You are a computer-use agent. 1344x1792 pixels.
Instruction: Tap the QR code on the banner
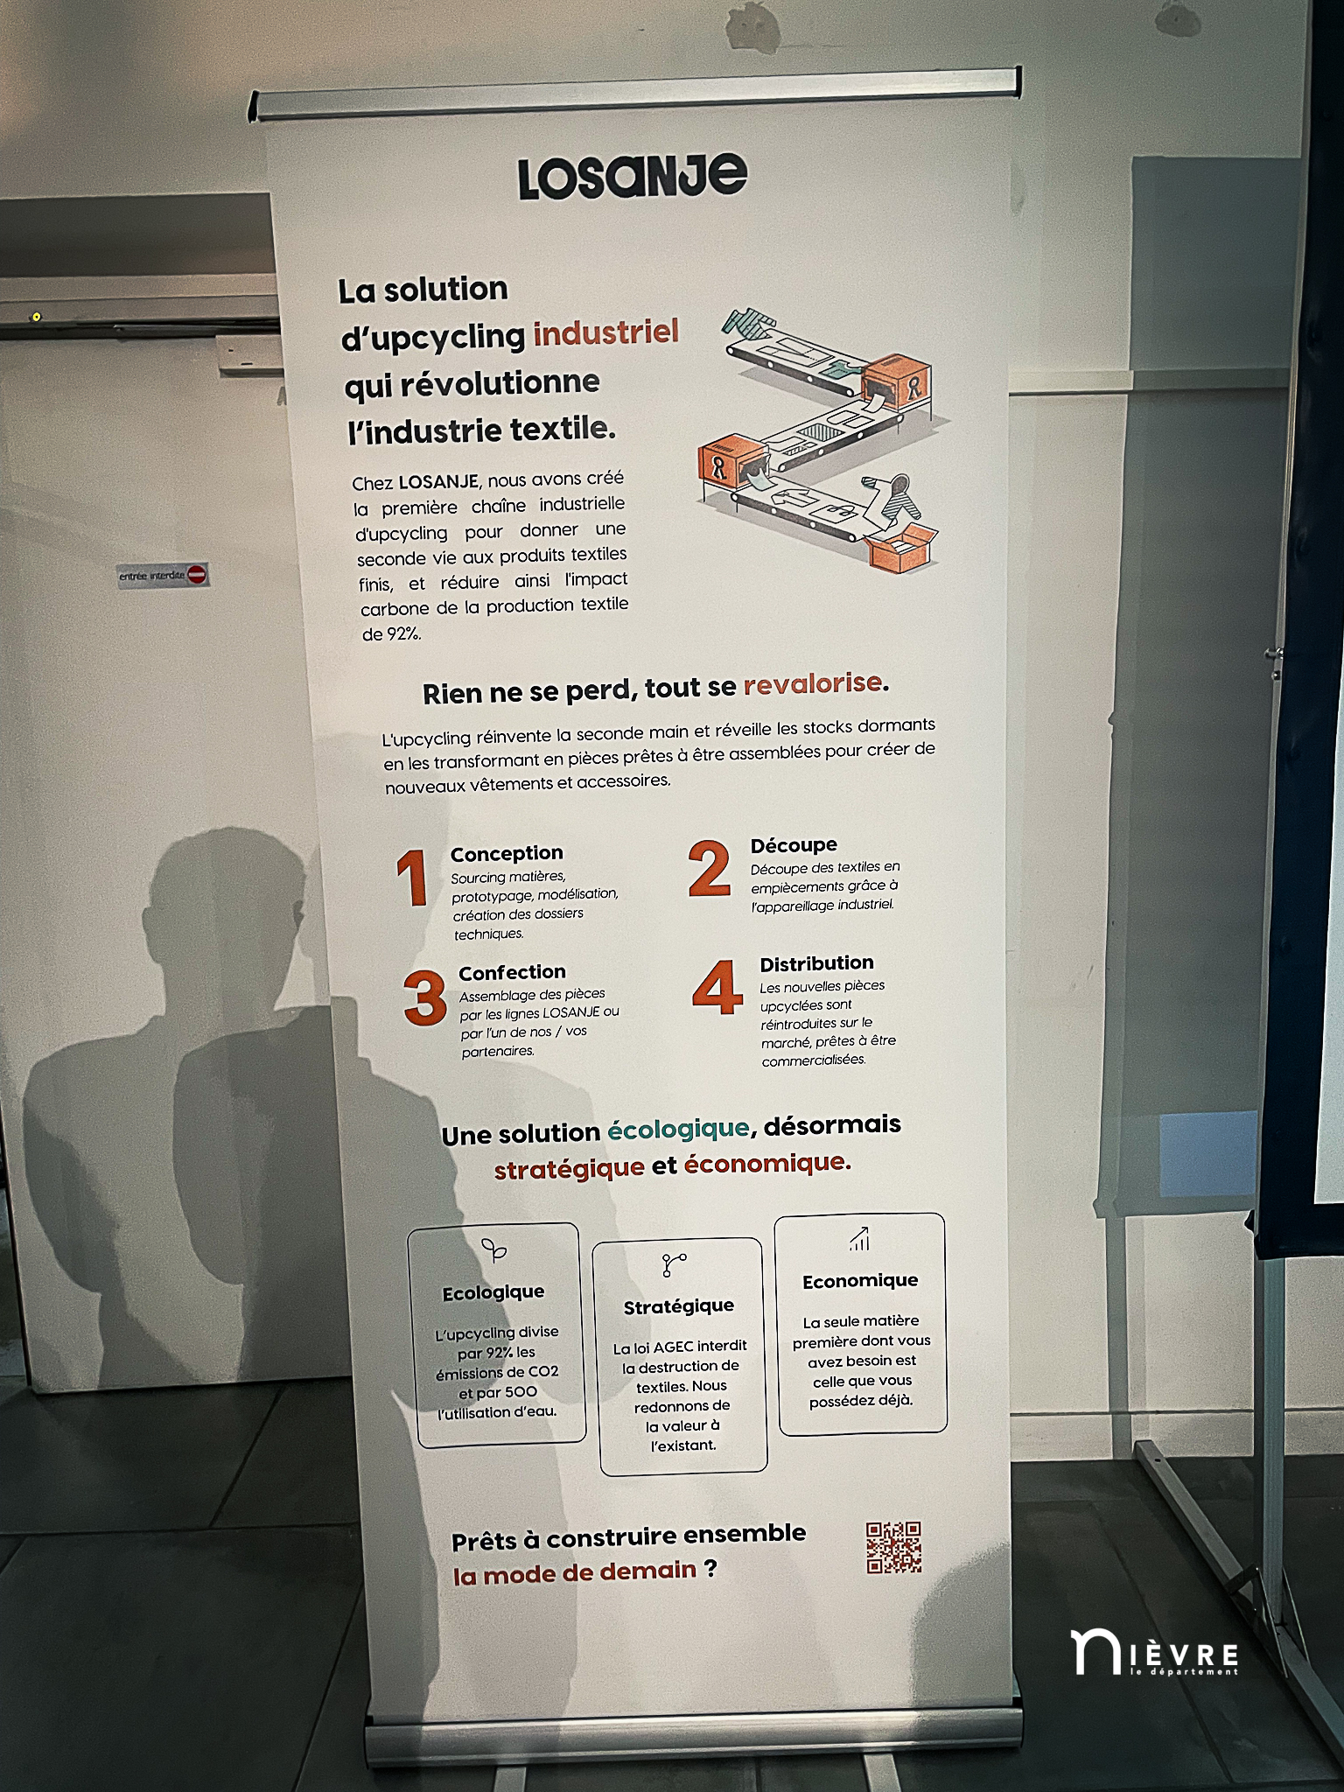[893, 1547]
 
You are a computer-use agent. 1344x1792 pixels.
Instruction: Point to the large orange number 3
[425, 997]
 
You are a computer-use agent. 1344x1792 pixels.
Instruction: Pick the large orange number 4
[717, 987]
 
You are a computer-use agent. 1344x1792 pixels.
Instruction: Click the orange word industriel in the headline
[605, 332]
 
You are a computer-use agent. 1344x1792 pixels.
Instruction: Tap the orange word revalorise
[812, 683]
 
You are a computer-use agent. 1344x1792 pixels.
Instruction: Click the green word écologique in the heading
[678, 1130]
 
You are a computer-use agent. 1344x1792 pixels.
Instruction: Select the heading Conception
[507, 853]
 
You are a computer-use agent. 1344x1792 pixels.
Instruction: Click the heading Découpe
[794, 845]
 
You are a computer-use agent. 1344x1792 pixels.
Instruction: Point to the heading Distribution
[816, 963]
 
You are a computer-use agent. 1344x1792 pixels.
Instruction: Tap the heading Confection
[512, 972]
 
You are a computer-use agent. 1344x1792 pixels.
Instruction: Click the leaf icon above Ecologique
[494, 1250]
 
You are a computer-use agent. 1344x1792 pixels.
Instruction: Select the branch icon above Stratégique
[674, 1264]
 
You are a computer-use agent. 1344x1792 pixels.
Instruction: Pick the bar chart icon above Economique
[859, 1239]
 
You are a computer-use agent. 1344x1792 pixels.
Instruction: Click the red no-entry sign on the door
[197, 574]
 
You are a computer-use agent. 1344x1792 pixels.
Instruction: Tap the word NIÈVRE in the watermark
[1154, 1653]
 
